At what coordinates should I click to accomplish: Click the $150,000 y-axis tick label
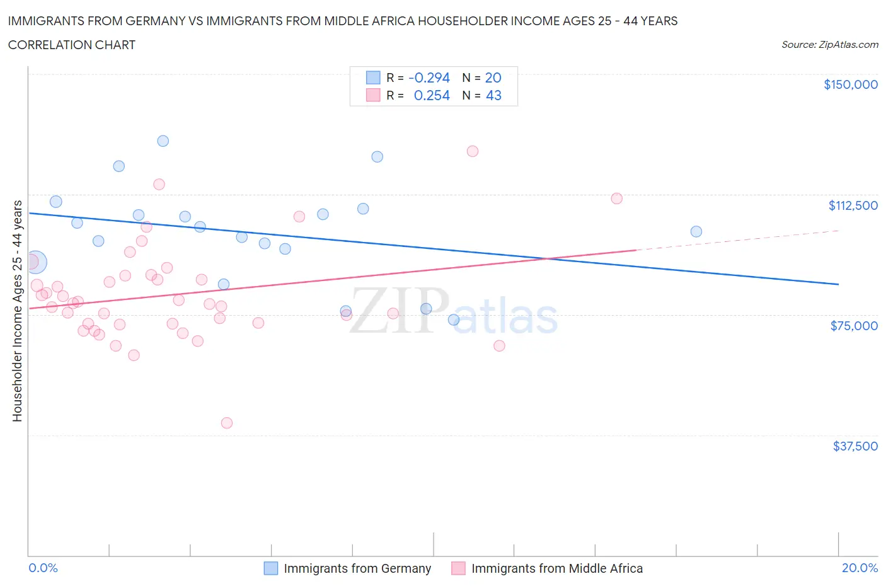click(850, 84)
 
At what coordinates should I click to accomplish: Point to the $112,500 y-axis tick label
click(853, 205)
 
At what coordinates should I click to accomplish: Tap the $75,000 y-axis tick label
click(854, 326)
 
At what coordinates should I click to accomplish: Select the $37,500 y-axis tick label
click(854, 446)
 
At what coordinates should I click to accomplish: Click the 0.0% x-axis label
click(43, 568)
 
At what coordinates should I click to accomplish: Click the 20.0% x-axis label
click(860, 568)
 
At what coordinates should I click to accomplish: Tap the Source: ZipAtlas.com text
click(829, 45)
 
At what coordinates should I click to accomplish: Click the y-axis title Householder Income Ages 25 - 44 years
click(18, 311)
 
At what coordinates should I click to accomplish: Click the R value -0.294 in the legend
click(429, 78)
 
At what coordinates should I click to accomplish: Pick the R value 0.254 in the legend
click(432, 95)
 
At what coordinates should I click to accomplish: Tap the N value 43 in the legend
click(493, 95)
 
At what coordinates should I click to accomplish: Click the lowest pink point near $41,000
click(227, 423)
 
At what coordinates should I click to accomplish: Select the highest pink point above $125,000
click(473, 151)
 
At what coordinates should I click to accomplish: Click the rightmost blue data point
click(696, 231)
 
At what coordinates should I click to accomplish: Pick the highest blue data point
click(163, 141)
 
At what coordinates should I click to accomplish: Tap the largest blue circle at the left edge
click(35, 262)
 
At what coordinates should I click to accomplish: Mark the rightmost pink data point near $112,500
click(617, 198)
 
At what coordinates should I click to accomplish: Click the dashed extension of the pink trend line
click(737, 240)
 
